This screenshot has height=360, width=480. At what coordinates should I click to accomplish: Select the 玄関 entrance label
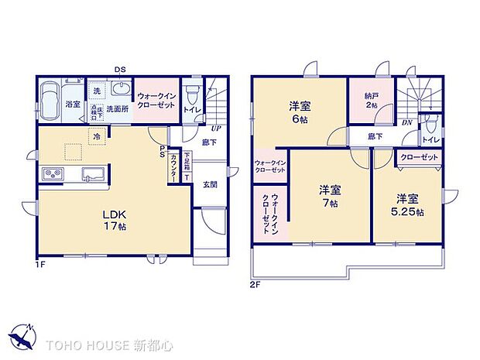tap(210, 184)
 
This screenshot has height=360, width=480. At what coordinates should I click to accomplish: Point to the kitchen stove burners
tap(50, 172)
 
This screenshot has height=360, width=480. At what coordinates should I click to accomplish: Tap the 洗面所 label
tap(118, 109)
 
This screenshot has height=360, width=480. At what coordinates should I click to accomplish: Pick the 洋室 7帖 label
tap(330, 196)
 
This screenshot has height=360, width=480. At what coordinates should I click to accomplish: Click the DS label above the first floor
tap(120, 70)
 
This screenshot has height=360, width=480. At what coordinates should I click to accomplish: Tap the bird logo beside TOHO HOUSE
tap(22, 338)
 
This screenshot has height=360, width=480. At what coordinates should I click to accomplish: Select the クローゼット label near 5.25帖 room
tap(420, 157)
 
